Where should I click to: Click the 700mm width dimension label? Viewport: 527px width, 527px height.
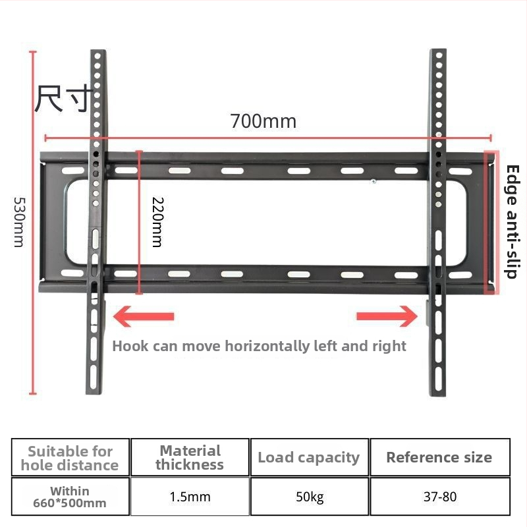click(263, 121)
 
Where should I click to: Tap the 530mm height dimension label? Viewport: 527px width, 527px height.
click(19, 222)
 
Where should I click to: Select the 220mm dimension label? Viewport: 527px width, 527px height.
click(157, 222)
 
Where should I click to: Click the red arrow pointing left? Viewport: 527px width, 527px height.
click(144, 316)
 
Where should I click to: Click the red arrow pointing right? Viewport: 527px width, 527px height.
click(387, 316)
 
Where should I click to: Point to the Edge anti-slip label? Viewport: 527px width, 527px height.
click(513, 222)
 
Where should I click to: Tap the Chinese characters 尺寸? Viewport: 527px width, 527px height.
click(64, 98)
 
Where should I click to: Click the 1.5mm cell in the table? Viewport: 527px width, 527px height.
click(190, 497)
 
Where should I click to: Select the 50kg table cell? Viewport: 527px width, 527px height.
click(310, 497)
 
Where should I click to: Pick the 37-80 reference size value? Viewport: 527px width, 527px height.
click(440, 497)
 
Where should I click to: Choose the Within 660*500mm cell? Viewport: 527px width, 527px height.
click(70, 497)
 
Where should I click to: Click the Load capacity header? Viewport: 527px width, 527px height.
click(308, 457)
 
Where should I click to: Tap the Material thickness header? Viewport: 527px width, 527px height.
click(190, 457)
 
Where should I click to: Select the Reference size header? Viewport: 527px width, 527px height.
click(439, 457)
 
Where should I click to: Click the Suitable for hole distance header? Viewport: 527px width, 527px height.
click(70, 458)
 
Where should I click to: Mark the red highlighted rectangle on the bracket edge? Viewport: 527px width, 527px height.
click(491, 222)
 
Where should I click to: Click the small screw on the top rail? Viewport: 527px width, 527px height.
click(374, 181)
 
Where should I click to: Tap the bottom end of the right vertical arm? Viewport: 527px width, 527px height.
click(438, 396)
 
